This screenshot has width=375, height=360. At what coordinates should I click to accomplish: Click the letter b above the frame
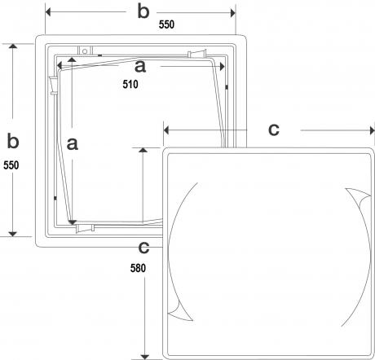143,12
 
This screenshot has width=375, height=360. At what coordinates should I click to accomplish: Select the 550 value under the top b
166,24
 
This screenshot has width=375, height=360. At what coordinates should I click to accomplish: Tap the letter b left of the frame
13,141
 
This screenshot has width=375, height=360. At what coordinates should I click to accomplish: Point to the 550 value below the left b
11,165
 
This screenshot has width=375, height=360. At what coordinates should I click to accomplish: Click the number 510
130,84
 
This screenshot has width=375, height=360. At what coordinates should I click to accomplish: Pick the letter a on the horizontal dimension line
140,67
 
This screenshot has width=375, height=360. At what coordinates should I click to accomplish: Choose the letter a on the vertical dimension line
73,144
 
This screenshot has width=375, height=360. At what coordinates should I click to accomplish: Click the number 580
138,268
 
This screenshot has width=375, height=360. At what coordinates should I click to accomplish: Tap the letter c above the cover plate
274,130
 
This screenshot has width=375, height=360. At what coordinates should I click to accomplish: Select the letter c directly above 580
143,248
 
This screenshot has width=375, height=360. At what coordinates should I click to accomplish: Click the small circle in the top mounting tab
85,51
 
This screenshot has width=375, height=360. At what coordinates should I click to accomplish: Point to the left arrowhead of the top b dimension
48,12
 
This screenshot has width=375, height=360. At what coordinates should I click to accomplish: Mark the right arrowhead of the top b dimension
233,13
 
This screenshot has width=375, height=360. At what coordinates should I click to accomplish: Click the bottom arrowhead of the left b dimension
13,234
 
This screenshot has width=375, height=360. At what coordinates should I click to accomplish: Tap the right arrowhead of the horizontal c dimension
373,130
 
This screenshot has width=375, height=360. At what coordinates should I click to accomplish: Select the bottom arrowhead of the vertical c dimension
145,357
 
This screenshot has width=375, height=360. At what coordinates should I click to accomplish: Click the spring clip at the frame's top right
197,54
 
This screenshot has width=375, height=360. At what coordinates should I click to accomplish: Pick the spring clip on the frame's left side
53,86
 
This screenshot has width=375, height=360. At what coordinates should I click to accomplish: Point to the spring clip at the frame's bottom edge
85,229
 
